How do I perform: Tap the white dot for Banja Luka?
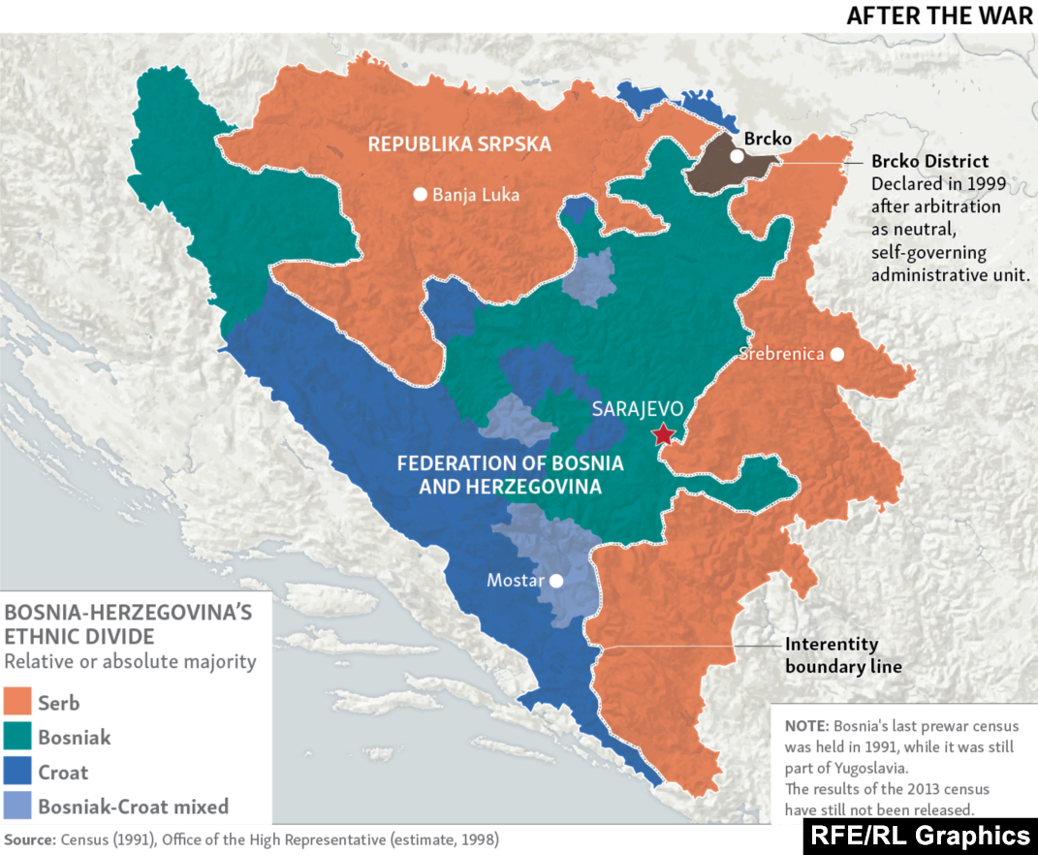point(420,194)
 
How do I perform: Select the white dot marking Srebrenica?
point(837,354)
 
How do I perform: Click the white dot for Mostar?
point(556,582)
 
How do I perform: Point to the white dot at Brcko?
point(737,155)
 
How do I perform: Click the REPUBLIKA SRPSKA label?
point(459,144)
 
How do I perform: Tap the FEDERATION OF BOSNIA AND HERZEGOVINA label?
point(510,475)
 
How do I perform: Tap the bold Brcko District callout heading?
point(929,162)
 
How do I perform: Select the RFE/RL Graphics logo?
point(920,836)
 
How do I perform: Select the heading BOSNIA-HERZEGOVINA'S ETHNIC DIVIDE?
point(128,624)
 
